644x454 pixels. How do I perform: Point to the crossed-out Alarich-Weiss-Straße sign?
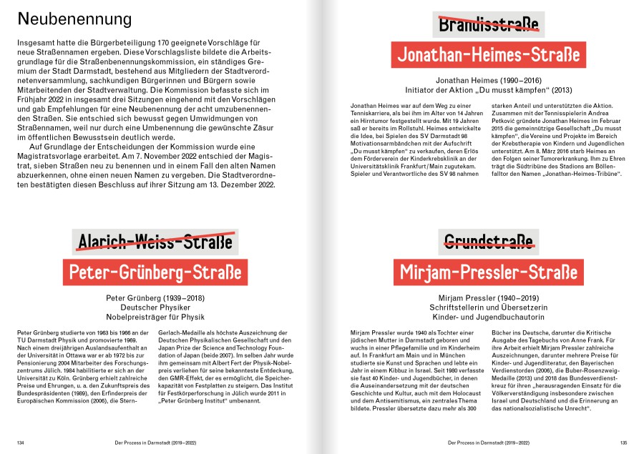pos(155,242)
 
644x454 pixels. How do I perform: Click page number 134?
pos(21,443)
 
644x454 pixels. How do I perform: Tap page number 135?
pos(623,443)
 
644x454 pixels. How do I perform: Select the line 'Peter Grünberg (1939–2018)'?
pos(155,297)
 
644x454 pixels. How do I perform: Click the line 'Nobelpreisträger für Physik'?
pos(155,315)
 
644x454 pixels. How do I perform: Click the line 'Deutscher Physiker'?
pos(155,306)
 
